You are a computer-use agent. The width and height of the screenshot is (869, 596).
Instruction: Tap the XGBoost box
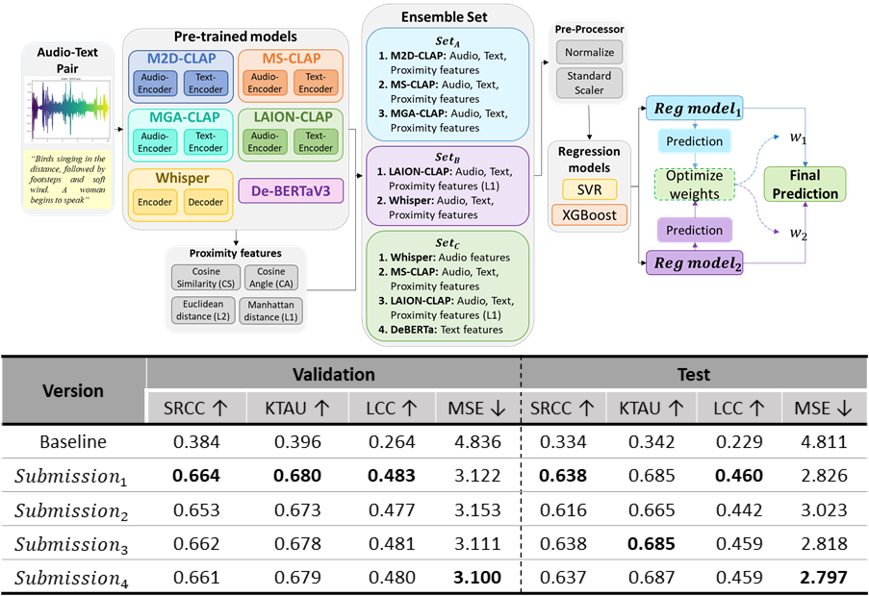pos(588,212)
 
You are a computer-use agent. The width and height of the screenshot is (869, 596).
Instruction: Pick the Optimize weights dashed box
pos(695,186)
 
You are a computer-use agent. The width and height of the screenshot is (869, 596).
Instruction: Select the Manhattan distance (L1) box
pos(270,310)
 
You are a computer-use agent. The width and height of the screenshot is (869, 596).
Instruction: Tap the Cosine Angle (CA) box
pos(270,278)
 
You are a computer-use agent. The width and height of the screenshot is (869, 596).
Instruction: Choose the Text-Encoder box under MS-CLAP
pos(314,84)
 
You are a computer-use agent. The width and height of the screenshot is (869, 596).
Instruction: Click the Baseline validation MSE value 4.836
pos(477,443)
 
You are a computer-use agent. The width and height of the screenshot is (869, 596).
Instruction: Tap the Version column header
pos(73,391)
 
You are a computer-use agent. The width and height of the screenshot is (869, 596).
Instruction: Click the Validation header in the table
pos(333,374)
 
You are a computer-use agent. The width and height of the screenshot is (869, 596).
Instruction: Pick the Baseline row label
pos(73,443)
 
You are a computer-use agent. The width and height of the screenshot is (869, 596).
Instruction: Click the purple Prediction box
pos(694,230)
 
